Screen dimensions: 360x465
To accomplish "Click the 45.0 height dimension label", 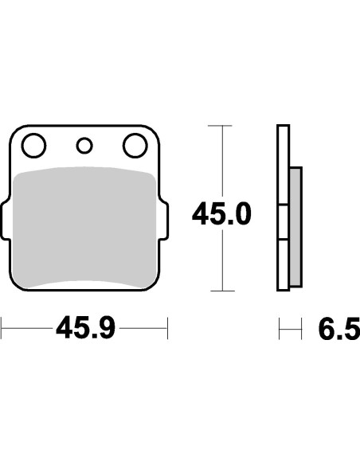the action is coord(221,213).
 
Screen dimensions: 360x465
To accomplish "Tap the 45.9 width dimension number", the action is coord(85,328).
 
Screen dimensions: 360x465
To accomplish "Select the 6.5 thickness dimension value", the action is coord(339,329).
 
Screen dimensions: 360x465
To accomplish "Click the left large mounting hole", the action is coord(33,146).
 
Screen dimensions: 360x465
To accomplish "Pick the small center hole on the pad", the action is coord(84,146).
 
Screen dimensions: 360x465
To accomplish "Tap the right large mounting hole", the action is coord(135,146).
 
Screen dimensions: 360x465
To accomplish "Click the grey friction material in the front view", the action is coord(84,227).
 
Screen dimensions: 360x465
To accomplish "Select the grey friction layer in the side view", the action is coord(295,227).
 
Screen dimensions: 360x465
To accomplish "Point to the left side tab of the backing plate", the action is coord(6,220).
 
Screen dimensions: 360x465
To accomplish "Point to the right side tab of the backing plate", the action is coord(164,220).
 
